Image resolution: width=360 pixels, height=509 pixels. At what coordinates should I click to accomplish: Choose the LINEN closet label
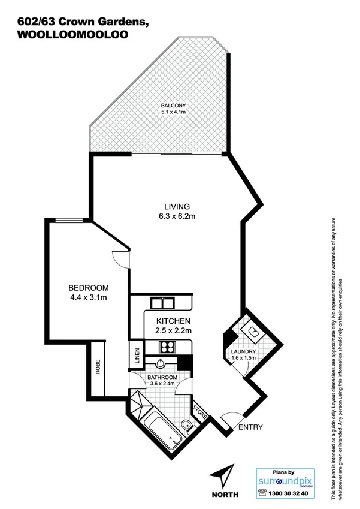pyautogui.click(x=137, y=355)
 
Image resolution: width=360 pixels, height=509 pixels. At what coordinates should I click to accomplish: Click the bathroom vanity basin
pyautogui.click(x=161, y=362)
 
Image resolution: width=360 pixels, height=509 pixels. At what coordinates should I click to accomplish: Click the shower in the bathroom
pyautogui.click(x=140, y=403)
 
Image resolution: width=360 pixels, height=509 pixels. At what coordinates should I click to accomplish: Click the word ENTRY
pyautogui.click(x=250, y=427)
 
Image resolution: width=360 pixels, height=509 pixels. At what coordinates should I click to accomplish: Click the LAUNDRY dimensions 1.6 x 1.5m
pyautogui.click(x=244, y=358)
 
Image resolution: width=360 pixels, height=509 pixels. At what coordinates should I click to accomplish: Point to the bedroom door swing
pyautogui.click(x=120, y=260)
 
